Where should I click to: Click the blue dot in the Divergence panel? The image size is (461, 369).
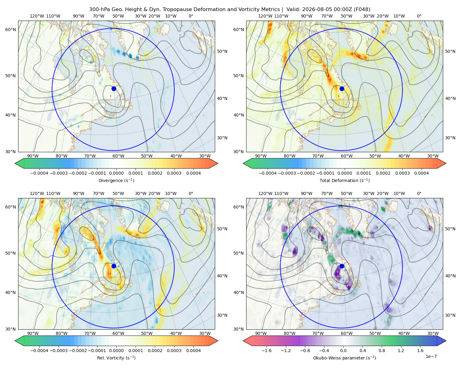click(114, 89)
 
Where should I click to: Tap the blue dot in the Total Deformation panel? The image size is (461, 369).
click(342, 89)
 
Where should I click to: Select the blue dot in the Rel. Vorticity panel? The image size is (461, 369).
click(114, 266)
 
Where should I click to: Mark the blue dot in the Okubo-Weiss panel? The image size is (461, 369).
click(342, 266)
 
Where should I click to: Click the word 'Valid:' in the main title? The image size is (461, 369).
click(292, 10)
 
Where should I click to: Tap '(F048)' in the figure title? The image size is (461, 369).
click(362, 10)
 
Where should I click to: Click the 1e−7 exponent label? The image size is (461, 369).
click(431, 356)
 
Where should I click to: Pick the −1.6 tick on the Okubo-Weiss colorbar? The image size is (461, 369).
click(266, 350)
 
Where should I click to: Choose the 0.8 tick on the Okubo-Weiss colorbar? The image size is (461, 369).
click(382, 350)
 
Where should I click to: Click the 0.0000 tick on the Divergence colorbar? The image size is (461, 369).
click(116, 173)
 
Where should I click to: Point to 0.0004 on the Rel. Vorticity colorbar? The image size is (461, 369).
click(193, 350)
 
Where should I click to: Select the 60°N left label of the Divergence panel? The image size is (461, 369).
click(10, 30)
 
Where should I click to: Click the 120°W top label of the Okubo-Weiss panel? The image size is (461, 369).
click(265, 193)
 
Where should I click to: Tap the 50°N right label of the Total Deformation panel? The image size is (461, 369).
click(450, 51)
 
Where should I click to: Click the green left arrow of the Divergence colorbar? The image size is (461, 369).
click(19, 163)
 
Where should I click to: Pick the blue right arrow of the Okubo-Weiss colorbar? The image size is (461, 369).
click(441, 341)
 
